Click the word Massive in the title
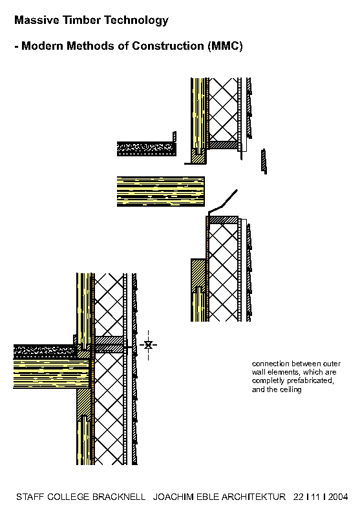(37, 20)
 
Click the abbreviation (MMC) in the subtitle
(225, 46)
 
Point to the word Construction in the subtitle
(167, 46)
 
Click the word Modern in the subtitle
(42, 46)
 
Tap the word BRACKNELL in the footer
(119, 497)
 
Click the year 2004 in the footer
(338, 497)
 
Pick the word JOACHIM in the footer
(173, 497)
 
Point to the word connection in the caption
(270, 364)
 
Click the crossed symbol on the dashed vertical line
(148, 345)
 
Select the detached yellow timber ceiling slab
(161, 192)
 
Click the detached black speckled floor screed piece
(147, 149)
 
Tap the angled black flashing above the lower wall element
(222, 203)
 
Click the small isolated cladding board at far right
(264, 161)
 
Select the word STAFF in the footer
(30, 497)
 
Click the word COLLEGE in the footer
(69, 497)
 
